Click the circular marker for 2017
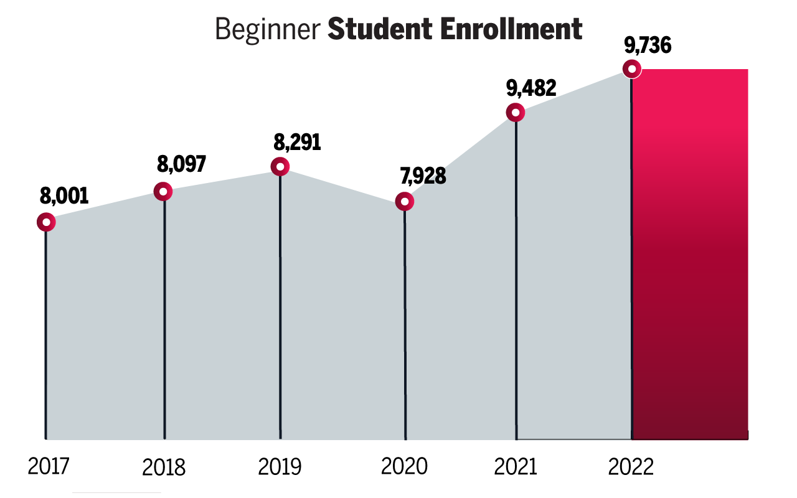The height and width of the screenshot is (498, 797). click(x=46, y=222)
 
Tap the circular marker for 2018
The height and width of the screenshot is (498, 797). click(x=163, y=192)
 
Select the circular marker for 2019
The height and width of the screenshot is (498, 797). click(x=280, y=166)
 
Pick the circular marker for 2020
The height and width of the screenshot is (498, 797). click(x=405, y=202)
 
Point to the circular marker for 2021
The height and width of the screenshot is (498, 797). click(x=516, y=113)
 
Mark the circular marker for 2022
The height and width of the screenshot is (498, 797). click(x=632, y=69)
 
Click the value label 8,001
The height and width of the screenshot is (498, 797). click(x=64, y=195)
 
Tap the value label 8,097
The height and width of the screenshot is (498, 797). click(x=181, y=164)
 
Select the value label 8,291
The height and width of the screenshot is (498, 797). click(x=298, y=143)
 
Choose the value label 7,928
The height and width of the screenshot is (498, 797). click(x=423, y=176)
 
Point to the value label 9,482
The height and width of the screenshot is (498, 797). click(x=531, y=88)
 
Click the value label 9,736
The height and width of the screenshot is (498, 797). click(x=648, y=45)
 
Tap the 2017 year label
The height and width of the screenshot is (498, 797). click(x=49, y=466)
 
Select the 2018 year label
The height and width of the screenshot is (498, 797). click(x=164, y=467)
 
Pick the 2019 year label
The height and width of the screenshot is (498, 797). click(x=280, y=466)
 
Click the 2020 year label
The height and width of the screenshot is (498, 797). click(x=404, y=466)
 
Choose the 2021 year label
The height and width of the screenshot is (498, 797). click(x=516, y=466)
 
